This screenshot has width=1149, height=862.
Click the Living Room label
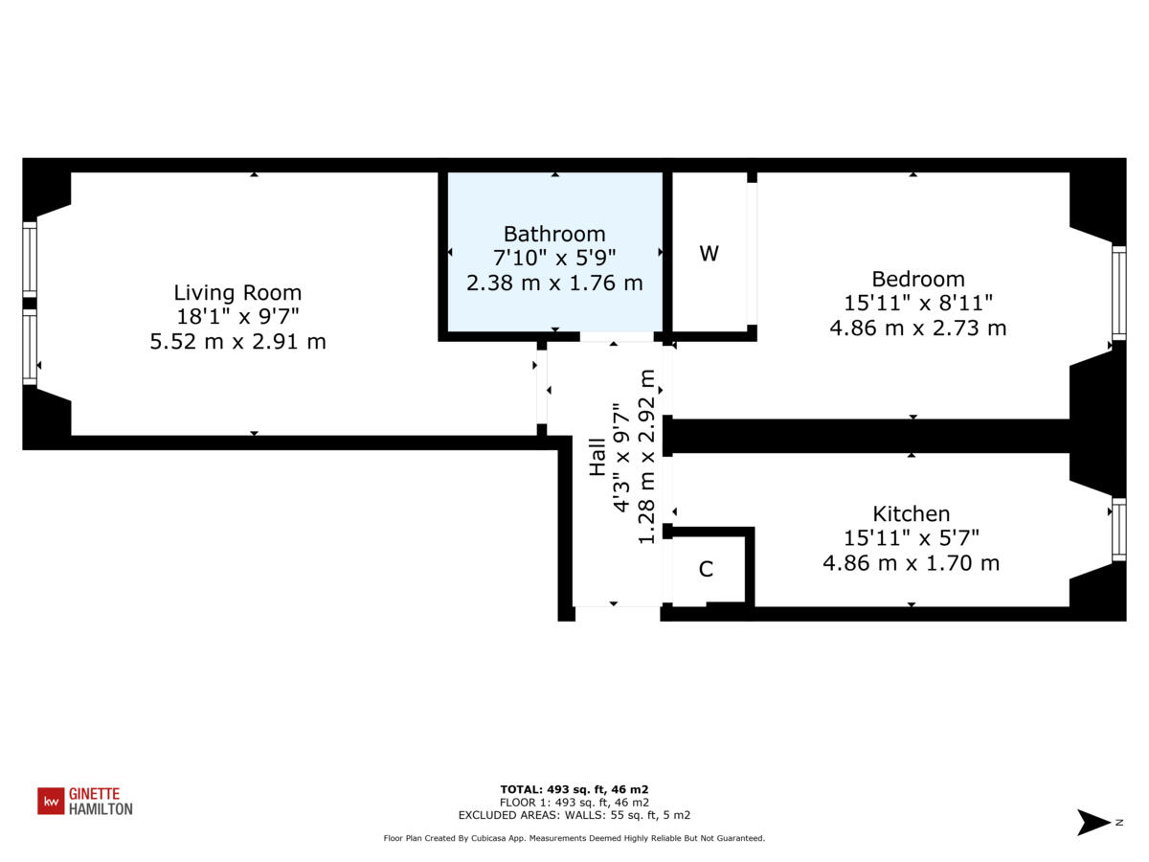[x=237, y=293]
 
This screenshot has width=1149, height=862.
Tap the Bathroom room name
[x=554, y=234]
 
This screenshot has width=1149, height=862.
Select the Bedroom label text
[x=917, y=279]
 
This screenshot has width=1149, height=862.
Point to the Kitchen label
[x=911, y=514]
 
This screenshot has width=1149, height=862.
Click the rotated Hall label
[x=597, y=457]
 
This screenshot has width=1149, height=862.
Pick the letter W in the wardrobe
[x=709, y=254]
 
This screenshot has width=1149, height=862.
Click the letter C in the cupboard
[x=706, y=569]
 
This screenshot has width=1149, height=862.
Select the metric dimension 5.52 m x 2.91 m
[x=237, y=341]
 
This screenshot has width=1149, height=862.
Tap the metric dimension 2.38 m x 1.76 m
[x=554, y=284]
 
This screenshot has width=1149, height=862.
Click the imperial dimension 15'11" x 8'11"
[x=917, y=304]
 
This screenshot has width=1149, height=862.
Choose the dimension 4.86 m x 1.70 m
[x=911, y=563]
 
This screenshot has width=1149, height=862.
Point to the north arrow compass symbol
[x=1094, y=822]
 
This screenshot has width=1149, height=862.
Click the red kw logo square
[x=51, y=801]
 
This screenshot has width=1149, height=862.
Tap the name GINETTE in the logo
[x=94, y=794]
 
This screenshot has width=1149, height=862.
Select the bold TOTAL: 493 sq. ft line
[x=574, y=789]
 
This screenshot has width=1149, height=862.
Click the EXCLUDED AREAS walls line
[x=574, y=815]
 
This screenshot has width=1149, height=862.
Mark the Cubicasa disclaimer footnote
[x=574, y=838]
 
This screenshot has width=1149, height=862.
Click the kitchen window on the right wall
[x=1118, y=530]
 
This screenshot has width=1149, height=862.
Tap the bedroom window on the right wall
[x=1118, y=292]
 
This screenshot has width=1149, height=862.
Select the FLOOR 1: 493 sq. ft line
[x=574, y=803]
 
